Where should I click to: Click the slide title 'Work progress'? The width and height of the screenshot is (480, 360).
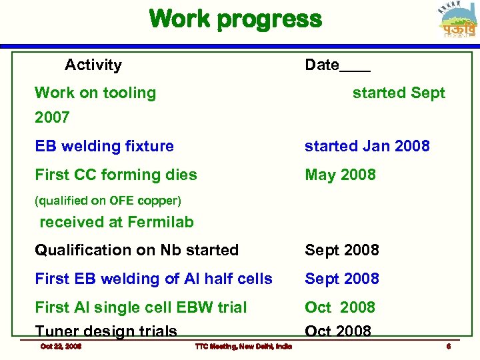235,19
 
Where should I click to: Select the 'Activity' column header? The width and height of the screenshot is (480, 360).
93,65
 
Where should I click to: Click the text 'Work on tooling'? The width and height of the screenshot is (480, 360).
95,93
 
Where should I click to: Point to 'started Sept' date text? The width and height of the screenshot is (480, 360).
398,93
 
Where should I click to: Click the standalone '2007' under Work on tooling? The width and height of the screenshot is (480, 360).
52,117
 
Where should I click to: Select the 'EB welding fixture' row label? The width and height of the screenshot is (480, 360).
104,146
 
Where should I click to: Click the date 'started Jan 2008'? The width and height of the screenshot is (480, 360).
367,146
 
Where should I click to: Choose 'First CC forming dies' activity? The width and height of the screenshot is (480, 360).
116,175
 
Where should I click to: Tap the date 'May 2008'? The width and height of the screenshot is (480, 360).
340,175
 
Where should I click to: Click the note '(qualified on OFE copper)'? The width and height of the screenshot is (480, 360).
108,200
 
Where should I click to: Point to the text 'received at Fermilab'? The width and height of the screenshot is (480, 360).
117,222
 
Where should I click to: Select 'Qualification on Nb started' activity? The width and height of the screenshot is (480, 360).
137,250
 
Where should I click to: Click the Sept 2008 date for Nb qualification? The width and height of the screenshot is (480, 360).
341,250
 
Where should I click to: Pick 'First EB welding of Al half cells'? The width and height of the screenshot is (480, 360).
153,279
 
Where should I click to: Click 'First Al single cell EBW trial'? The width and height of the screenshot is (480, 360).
141,307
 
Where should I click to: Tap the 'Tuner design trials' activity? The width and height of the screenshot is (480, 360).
106,331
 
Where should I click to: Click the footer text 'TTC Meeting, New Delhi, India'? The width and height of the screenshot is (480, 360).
243,346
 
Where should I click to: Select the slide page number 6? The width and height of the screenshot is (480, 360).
449,346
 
